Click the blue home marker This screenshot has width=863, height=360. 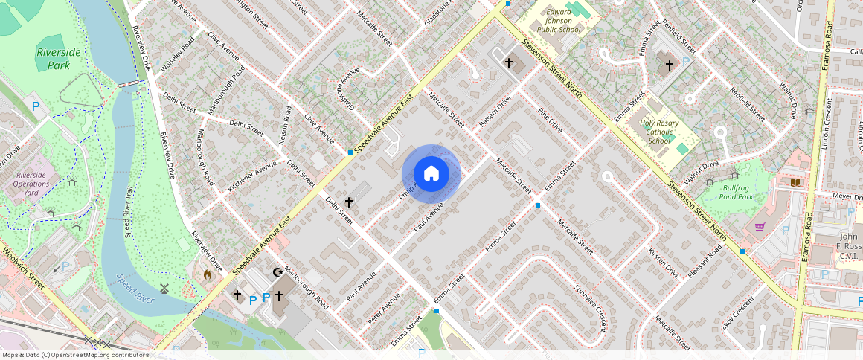431,174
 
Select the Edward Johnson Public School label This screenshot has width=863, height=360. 559,21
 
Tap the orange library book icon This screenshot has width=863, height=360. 795,182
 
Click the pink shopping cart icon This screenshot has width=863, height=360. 760,227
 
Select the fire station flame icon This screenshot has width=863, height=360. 207,274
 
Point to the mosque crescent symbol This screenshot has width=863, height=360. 278,272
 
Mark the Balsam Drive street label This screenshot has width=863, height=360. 495,112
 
